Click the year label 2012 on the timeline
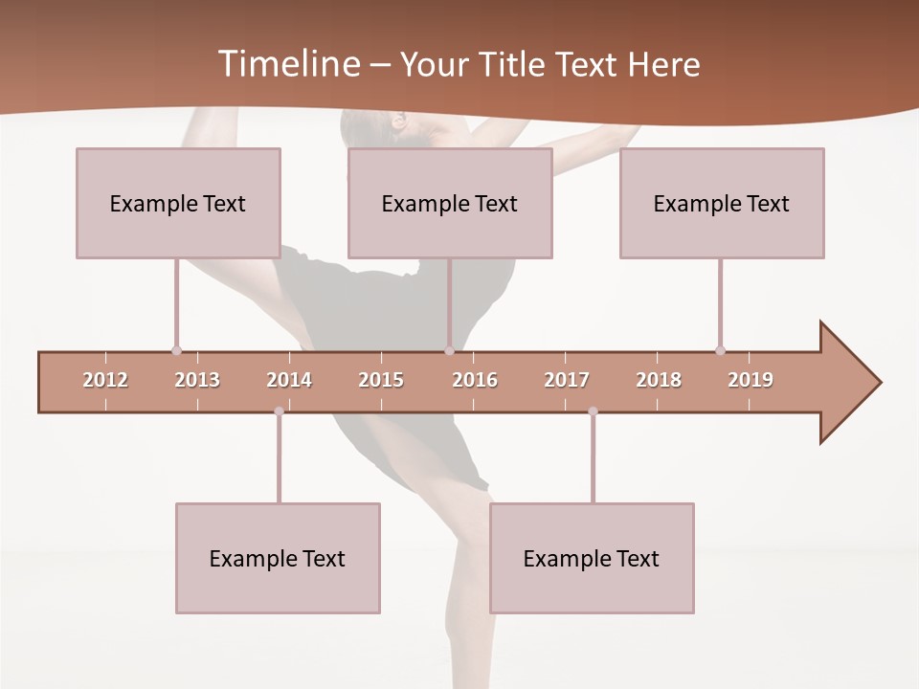pos(105,380)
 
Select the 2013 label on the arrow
pos(197,380)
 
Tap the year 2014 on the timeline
pos(289,380)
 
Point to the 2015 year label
pos(381,380)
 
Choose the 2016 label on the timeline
pos(475,380)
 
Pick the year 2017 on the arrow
pos(567,380)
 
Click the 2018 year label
pos(659,380)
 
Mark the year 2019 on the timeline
pos(751,380)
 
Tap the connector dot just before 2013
pos(176,350)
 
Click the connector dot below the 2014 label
pos(279,411)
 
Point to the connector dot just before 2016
pos(449,350)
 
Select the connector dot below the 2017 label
pos(593,411)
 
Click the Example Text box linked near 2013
pos(178,203)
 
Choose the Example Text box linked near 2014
pos(278,558)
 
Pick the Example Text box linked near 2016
pos(450,203)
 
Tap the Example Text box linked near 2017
pos(592,558)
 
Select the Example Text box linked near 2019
pos(722,203)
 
